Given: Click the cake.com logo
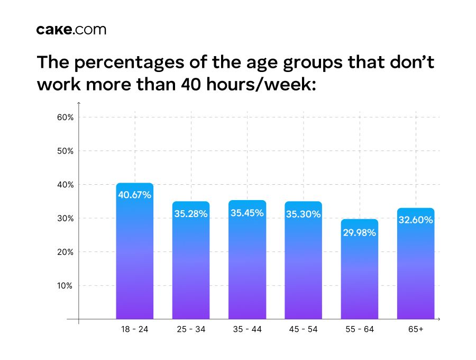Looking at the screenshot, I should pyautogui.click(x=71, y=30).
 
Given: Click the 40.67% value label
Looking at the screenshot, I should pyautogui.click(x=135, y=195).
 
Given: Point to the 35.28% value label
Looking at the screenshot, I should pyautogui.click(x=191, y=214).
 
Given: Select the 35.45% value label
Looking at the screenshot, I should pyautogui.click(x=247, y=213).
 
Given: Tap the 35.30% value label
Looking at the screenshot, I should pyautogui.click(x=303, y=214).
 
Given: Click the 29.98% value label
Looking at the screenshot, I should pyautogui.click(x=360, y=232).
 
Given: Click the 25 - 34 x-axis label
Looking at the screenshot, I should pyautogui.click(x=191, y=329).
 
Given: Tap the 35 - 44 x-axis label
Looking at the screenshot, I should pyautogui.click(x=247, y=329).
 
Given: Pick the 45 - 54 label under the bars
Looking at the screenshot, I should pyautogui.click(x=303, y=329).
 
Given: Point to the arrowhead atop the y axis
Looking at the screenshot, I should pyautogui.click(x=79, y=103).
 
